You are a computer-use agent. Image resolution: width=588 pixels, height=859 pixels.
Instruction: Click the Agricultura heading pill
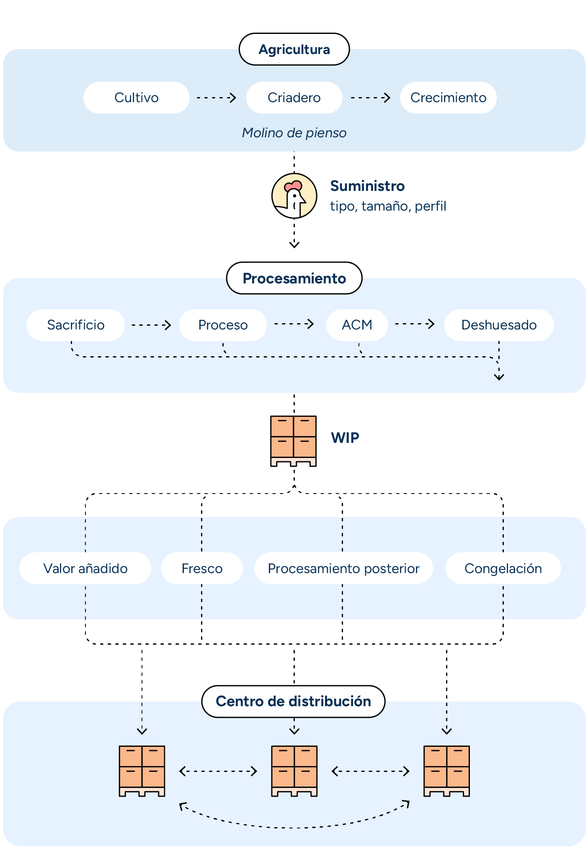click(x=294, y=49)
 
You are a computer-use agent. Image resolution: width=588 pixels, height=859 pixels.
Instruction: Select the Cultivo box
click(x=136, y=98)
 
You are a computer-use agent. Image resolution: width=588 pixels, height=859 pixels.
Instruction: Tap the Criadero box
click(x=294, y=98)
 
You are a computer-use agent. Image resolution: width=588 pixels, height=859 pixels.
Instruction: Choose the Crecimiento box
click(x=448, y=98)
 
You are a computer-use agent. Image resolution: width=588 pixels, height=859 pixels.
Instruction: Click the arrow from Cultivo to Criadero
click(x=217, y=98)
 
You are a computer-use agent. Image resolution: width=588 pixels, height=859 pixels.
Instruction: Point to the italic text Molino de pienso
click(x=294, y=133)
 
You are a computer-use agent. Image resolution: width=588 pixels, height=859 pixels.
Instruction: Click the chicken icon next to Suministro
click(x=294, y=195)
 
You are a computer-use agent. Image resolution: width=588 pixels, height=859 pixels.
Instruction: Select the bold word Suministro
click(x=367, y=186)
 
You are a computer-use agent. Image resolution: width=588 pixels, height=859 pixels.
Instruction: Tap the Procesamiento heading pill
click(x=294, y=278)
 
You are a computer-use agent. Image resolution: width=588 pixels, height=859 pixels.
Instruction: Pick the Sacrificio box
click(x=76, y=325)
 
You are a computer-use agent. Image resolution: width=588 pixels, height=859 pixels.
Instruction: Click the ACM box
click(x=357, y=325)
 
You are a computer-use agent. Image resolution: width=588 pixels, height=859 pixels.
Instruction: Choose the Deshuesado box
click(x=498, y=325)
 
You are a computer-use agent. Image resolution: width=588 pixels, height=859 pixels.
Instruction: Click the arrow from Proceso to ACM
click(x=294, y=324)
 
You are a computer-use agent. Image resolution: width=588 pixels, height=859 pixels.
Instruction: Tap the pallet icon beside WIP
click(x=293, y=441)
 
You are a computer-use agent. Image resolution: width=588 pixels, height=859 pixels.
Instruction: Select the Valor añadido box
click(x=85, y=568)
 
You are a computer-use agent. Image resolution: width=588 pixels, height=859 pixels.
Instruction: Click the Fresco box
click(x=202, y=568)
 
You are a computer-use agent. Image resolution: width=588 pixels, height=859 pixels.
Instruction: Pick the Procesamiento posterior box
click(x=343, y=568)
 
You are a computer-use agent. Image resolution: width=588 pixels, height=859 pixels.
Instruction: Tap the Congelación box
click(x=503, y=568)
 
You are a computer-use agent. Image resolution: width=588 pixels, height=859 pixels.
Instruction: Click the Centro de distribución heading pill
click(x=293, y=701)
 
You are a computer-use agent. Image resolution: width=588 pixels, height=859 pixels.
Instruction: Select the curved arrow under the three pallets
click(x=294, y=827)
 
